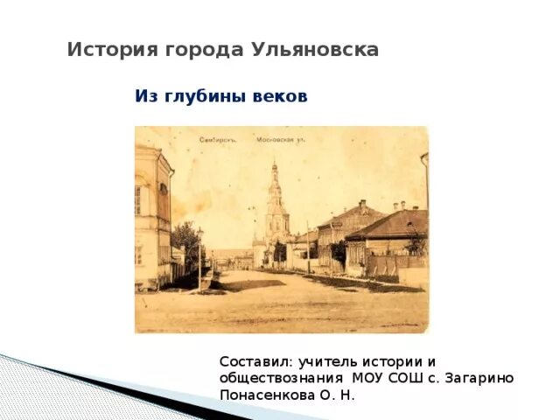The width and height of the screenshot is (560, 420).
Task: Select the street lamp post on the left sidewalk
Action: tap(200, 258)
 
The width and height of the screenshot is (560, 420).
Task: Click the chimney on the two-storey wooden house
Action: tap(363, 206)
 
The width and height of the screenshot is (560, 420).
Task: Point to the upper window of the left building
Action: tap(138, 200)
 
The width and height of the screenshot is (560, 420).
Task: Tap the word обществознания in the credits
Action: tap(281, 378)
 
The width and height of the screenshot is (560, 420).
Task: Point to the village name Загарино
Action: tap(477, 378)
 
